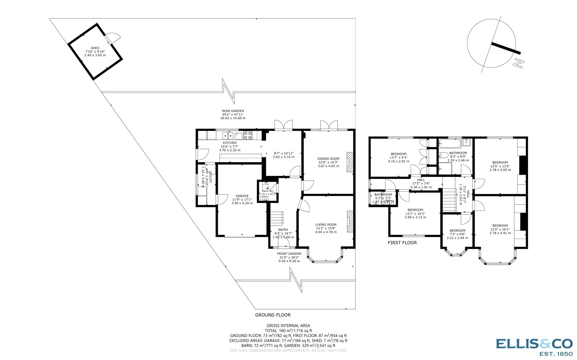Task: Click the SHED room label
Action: pos(95,48)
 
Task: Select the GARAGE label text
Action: pos(242,196)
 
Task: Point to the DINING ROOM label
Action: pos(328,159)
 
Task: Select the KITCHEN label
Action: pos(230,143)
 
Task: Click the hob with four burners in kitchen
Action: pos(248,135)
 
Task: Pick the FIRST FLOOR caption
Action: pos(402,243)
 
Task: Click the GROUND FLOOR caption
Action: pos(273,315)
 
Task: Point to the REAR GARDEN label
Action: pos(233,111)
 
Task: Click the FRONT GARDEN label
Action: pos(289,254)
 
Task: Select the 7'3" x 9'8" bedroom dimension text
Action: pos(457,234)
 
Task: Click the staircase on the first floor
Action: pos(449,200)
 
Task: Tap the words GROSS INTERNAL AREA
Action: pos(288,325)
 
